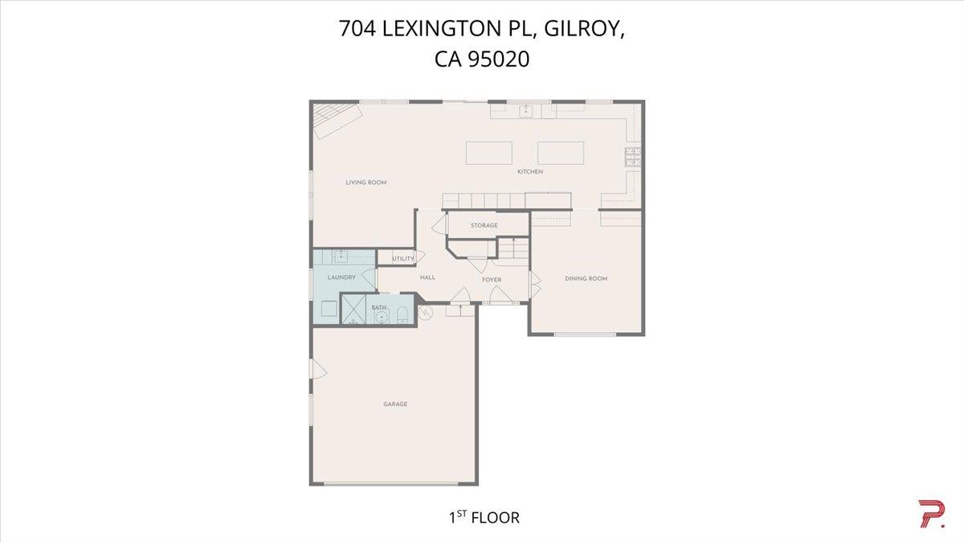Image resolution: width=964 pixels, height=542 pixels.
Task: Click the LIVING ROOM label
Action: (x=366, y=183)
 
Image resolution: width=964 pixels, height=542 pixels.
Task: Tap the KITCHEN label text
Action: (x=530, y=172)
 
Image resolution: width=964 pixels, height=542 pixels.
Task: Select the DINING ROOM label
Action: (x=586, y=279)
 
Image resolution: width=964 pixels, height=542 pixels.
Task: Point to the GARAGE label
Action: (x=394, y=404)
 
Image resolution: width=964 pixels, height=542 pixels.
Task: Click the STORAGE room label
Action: (x=484, y=226)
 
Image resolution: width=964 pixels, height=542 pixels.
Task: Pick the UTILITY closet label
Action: (x=402, y=259)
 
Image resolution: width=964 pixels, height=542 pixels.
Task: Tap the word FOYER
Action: (x=492, y=280)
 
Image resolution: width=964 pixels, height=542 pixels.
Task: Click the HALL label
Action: (x=427, y=277)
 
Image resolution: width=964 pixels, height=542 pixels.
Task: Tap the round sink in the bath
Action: (x=380, y=317)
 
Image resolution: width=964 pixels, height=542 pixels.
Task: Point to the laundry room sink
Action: (x=340, y=257)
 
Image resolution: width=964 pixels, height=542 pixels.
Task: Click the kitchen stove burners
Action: (x=633, y=158)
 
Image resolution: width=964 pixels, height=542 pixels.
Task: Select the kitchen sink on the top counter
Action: (x=526, y=111)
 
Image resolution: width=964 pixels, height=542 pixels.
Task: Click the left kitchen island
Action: (x=490, y=153)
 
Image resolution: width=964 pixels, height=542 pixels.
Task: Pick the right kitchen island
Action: (x=560, y=153)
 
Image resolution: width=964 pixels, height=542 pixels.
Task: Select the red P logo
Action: (x=931, y=514)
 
